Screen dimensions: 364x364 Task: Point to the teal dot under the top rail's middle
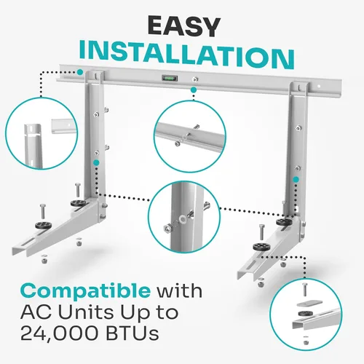(194, 91)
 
